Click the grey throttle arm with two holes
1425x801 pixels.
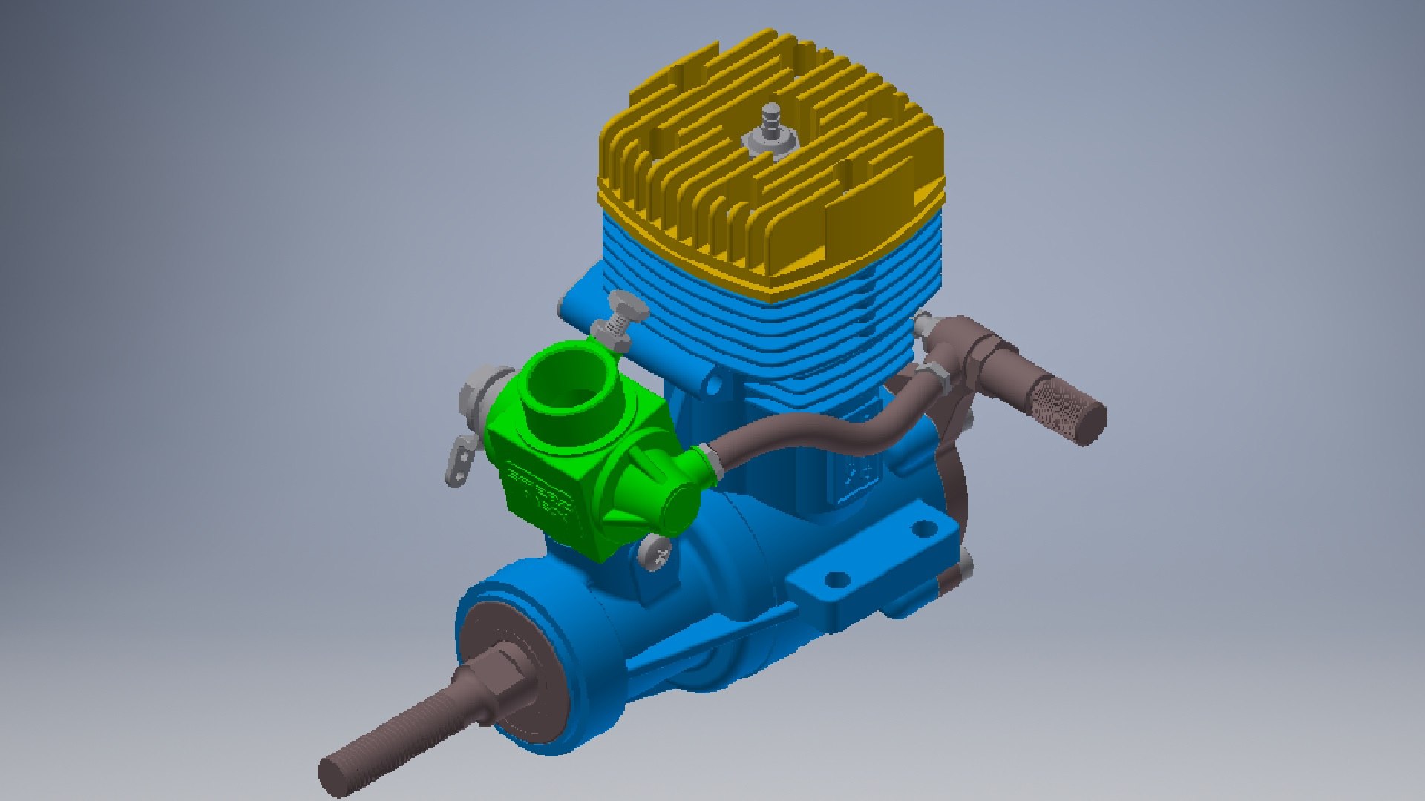coord(460,460)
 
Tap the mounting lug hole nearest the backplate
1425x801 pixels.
coord(924,529)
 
